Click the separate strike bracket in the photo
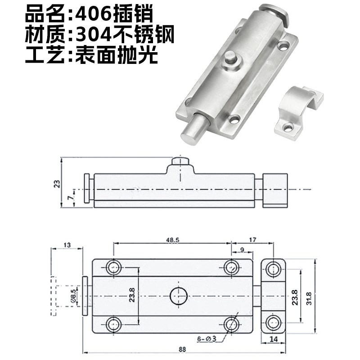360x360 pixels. [x=297, y=111]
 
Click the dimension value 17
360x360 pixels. [x=252, y=240]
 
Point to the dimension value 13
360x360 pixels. [x=67, y=245]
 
